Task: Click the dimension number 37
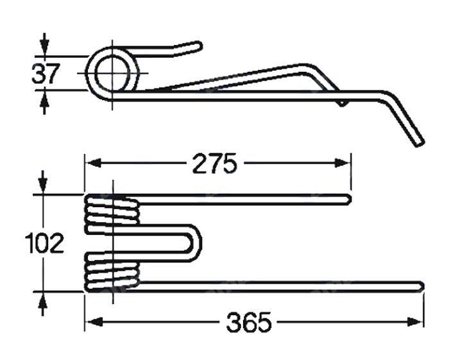46,73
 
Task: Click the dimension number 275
215,164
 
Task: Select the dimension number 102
44,243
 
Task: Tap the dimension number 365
249,322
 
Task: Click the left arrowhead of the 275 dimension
94,164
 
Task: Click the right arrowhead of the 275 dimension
343,164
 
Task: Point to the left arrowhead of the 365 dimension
94,322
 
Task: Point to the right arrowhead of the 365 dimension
415,322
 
